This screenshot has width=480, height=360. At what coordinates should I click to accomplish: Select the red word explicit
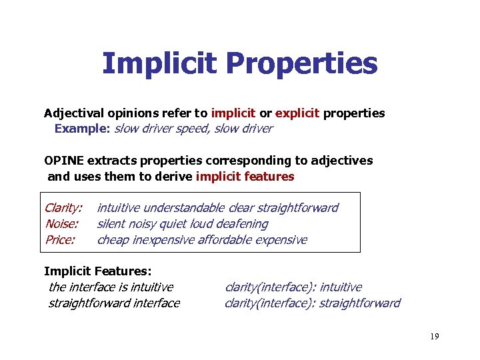(298, 113)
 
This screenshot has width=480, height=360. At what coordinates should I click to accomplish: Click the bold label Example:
(83, 129)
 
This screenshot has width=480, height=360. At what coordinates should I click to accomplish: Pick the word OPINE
(64, 161)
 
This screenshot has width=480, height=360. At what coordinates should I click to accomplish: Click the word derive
(169, 177)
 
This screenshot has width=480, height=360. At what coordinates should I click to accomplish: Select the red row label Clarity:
(63, 208)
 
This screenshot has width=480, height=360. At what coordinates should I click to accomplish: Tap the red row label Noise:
(61, 224)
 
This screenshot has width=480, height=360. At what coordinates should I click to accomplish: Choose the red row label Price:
(60, 240)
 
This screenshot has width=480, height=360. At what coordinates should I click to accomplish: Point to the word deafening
(242, 224)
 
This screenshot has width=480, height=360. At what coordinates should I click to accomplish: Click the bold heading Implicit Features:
(97, 271)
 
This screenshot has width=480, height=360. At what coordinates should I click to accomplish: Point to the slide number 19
(434, 337)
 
